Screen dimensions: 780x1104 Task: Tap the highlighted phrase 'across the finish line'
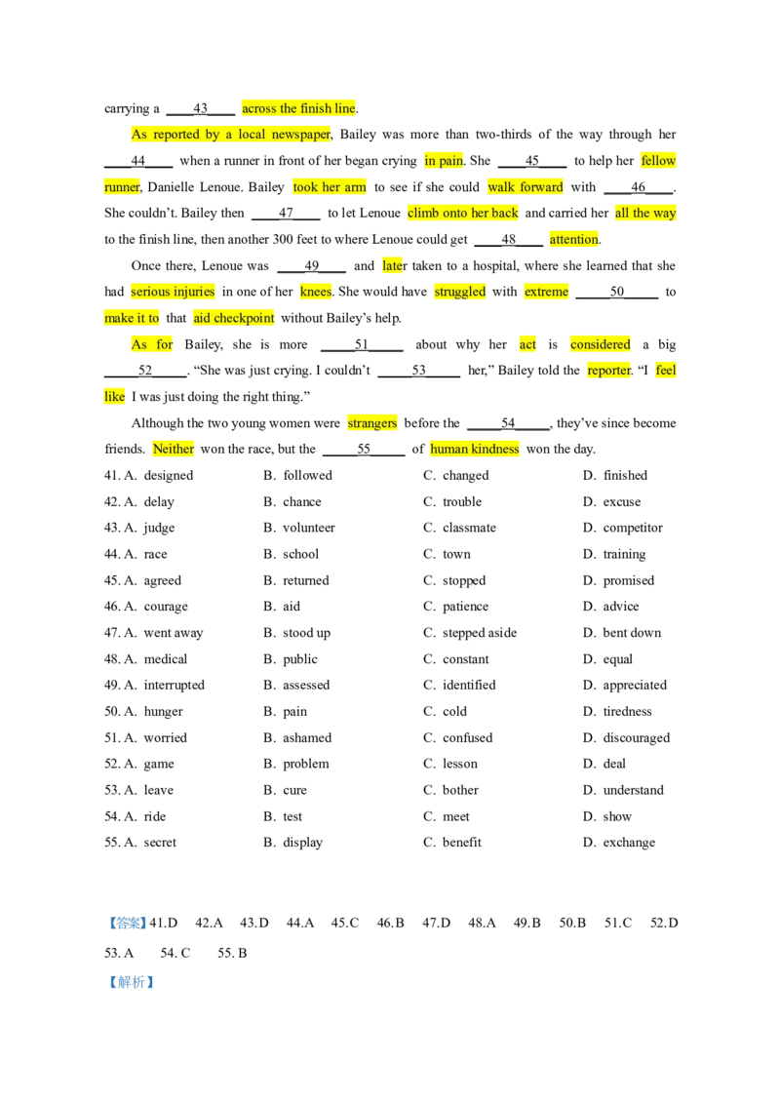coord(299,108)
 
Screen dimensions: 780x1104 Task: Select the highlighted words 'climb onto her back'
coord(462,213)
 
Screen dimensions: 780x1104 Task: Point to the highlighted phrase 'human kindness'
coord(475,450)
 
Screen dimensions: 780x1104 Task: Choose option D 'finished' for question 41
coord(615,475)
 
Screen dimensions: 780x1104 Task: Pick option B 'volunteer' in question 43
coord(299,528)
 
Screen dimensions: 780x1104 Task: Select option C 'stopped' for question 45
coord(454,581)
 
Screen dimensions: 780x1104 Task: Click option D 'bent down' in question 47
coord(622,633)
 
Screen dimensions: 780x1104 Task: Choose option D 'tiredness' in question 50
coord(617,712)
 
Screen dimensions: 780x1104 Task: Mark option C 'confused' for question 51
coord(458,738)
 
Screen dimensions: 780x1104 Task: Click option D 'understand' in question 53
coord(623,790)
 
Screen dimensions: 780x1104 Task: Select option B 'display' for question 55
coord(292,843)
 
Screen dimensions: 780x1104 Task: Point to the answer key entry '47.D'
coord(437,923)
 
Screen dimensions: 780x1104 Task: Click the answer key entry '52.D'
coord(664,923)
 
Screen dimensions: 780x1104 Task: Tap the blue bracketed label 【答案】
coord(127,923)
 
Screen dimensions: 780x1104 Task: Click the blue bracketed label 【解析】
coord(131,982)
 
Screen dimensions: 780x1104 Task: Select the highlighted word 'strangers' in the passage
coord(372,423)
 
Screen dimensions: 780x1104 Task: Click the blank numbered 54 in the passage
coord(508,423)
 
